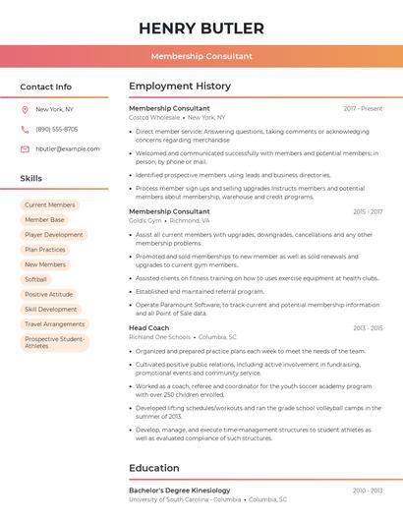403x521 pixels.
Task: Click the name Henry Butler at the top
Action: (x=201, y=28)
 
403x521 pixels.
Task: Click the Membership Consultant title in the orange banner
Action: (x=201, y=57)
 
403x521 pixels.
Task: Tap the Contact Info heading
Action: (x=45, y=87)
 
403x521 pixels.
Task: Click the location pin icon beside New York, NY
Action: (x=25, y=110)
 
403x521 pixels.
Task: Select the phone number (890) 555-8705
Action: (x=56, y=129)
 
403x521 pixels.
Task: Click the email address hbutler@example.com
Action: (x=67, y=148)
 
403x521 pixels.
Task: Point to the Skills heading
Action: (x=30, y=178)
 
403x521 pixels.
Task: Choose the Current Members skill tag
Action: (x=49, y=205)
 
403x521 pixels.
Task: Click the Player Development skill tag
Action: (x=53, y=235)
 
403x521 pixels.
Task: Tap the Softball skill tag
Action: (x=35, y=279)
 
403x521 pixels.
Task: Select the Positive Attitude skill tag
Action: (x=48, y=294)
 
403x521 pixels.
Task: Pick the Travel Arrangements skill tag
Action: (x=54, y=323)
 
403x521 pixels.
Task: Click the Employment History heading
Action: (x=180, y=87)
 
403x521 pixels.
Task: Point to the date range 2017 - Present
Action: (x=363, y=108)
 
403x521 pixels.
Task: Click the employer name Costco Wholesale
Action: (x=154, y=117)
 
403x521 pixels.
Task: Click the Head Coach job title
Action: (x=148, y=327)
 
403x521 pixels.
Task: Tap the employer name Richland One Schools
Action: (x=159, y=337)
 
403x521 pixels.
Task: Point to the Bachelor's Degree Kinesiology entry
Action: (x=179, y=490)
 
